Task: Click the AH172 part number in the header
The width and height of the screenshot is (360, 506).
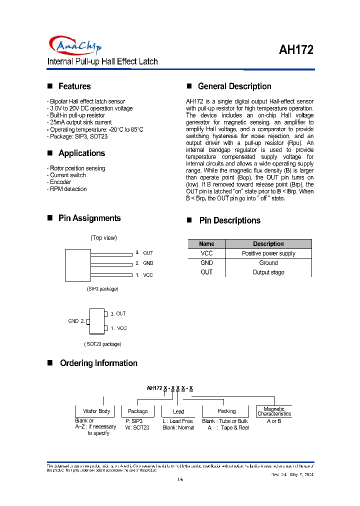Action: pyautogui.click(x=295, y=50)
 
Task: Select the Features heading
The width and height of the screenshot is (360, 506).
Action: pyautogui.click(x=74, y=86)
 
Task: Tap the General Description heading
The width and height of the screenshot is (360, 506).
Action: pyautogui.click(x=234, y=86)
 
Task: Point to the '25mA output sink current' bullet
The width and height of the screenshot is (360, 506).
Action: pyautogui.click(x=79, y=122)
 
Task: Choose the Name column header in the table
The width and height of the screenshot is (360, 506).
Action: pyautogui.click(x=206, y=244)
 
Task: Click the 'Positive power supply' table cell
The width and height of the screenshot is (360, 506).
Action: pyautogui.click(x=268, y=253)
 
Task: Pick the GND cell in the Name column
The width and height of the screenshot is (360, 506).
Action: pyautogui.click(x=206, y=263)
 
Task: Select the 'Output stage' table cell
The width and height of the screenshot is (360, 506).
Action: pyautogui.click(x=268, y=272)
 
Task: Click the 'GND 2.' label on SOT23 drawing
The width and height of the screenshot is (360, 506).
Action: pyautogui.click(x=76, y=321)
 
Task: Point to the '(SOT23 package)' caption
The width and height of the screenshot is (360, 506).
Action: pyautogui.click(x=102, y=344)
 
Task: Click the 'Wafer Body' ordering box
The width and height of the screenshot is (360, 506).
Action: pyautogui.click(x=96, y=411)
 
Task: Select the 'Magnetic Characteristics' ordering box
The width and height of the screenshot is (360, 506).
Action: pyautogui.click(x=274, y=411)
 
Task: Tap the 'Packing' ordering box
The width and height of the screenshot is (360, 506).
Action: pyautogui.click(x=226, y=411)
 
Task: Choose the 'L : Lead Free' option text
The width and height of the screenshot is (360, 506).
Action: pyautogui.click(x=177, y=421)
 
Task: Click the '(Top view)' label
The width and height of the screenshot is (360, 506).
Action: pyautogui.click(x=103, y=238)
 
